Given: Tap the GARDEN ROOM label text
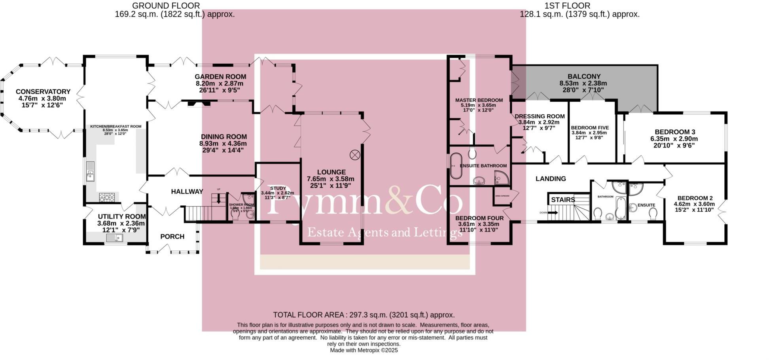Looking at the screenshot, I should tap(220, 77).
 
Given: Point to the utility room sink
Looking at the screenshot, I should tap(115, 237).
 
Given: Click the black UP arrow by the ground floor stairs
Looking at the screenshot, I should tap(218, 199).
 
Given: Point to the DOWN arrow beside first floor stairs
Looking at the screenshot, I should tap(553, 213).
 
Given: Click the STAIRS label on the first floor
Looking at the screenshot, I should tap(563, 200).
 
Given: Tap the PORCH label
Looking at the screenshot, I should tap(172, 237).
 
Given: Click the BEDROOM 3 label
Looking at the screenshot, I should tap(674, 132).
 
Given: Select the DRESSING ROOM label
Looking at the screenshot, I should tap(540, 116).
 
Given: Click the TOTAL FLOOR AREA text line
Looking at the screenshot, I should tap(364, 315).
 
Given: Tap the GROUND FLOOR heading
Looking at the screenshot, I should tap(166, 6).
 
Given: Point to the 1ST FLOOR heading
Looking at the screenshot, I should tap(567, 6).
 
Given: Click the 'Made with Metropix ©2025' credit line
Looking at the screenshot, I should tap(364, 351).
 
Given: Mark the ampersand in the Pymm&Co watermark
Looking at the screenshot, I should tap(398, 204).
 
